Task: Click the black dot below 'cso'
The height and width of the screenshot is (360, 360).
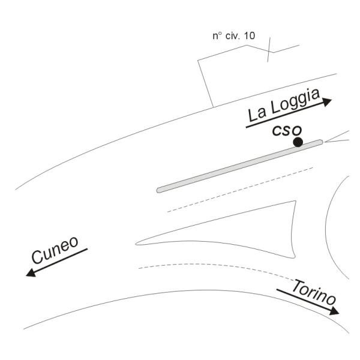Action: click(298, 142)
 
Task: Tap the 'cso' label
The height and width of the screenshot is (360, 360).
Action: click(287, 130)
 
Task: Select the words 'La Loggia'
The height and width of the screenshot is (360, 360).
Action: click(284, 105)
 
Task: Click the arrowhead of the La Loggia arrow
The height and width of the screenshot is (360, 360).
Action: click(327, 102)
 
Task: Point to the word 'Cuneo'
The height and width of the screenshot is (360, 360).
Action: click(55, 250)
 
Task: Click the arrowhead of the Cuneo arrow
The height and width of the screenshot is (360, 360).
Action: click(31, 272)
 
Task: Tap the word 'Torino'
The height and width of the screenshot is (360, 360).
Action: click(314, 292)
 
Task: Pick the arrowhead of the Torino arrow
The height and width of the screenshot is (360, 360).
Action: click(334, 311)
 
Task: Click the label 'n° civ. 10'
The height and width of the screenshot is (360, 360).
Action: click(234, 36)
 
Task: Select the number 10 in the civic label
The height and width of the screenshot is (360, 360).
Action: click(249, 36)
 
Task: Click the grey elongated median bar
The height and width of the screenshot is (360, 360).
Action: click(240, 166)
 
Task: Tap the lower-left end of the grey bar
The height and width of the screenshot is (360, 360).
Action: click(158, 191)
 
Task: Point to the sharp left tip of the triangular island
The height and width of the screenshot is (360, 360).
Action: click(136, 244)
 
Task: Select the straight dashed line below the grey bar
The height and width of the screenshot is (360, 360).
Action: click(240, 190)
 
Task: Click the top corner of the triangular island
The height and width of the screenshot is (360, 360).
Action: click(295, 201)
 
